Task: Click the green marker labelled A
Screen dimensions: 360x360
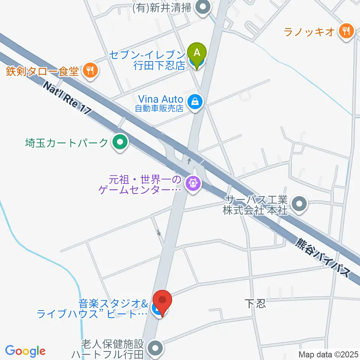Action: (198, 52)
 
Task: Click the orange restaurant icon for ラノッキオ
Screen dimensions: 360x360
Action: (344, 31)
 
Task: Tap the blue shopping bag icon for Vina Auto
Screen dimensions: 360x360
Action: (195, 101)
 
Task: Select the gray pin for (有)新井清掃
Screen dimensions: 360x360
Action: (204, 7)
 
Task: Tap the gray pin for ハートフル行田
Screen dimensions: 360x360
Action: (155, 348)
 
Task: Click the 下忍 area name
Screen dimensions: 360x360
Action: (255, 303)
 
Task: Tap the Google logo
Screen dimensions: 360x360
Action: (25, 351)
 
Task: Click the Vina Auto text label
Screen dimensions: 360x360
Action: (160, 99)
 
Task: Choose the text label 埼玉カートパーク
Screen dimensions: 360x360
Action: (66, 143)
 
